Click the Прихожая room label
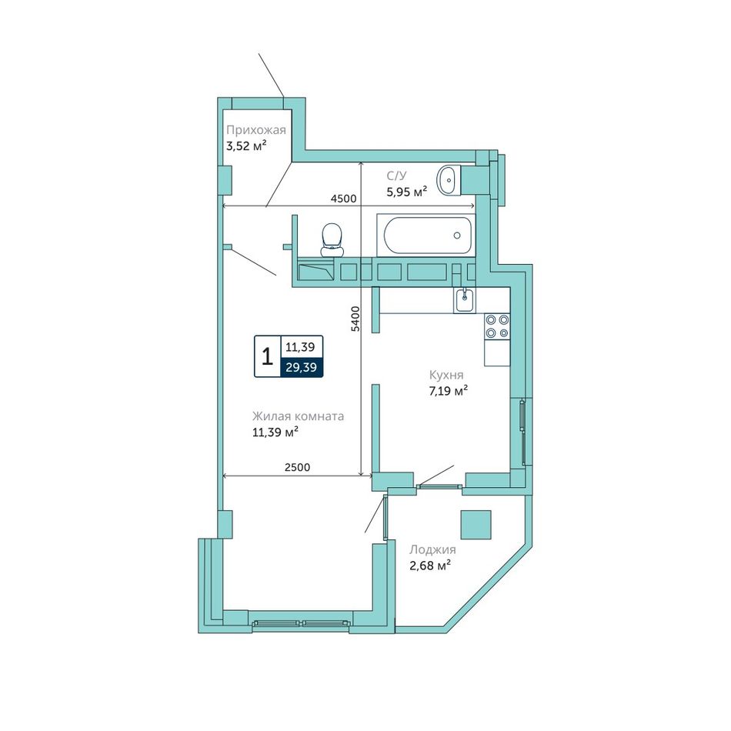click(x=256, y=130)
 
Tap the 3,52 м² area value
click(x=246, y=146)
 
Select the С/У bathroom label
click(x=396, y=175)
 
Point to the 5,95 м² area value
click(x=406, y=191)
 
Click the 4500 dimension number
click(x=344, y=199)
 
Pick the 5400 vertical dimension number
click(x=355, y=319)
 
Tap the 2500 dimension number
click(x=298, y=467)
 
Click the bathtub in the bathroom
click(x=426, y=235)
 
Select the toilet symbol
click(x=332, y=239)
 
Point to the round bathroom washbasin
click(x=449, y=179)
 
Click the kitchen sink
click(x=464, y=300)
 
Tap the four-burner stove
click(x=497, y=326)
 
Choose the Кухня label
click(x=446, y=375)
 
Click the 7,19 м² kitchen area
click(x=448, y=391)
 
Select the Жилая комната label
click(x=298, y=416)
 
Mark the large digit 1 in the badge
click(x=267, y=356)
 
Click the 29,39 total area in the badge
click(x=301, y=367)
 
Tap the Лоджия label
click(x=432, y=549)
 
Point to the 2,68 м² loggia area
click(x=430, y=566)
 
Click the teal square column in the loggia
click(x=476, y=525)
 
